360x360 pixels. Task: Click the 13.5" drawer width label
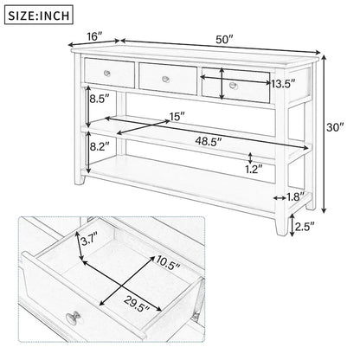tap(282, 84)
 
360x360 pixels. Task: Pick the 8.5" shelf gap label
tap(100, 99)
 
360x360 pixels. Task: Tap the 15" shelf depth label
tap(177, 116)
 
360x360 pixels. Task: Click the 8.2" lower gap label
tap(100, 148)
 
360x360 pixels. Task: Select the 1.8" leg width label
tap(296, 197)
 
